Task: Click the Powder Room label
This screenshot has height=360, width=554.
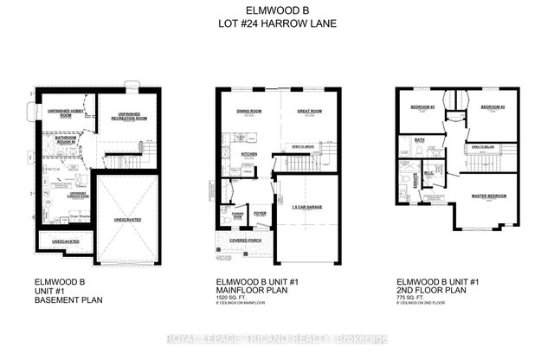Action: pyautogui.click(x=231, y=210)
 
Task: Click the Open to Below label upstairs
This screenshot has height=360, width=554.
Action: pyautogui.click(x=481, y=148)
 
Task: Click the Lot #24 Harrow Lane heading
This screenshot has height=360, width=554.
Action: pyautogui.click(x=276, y=24)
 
